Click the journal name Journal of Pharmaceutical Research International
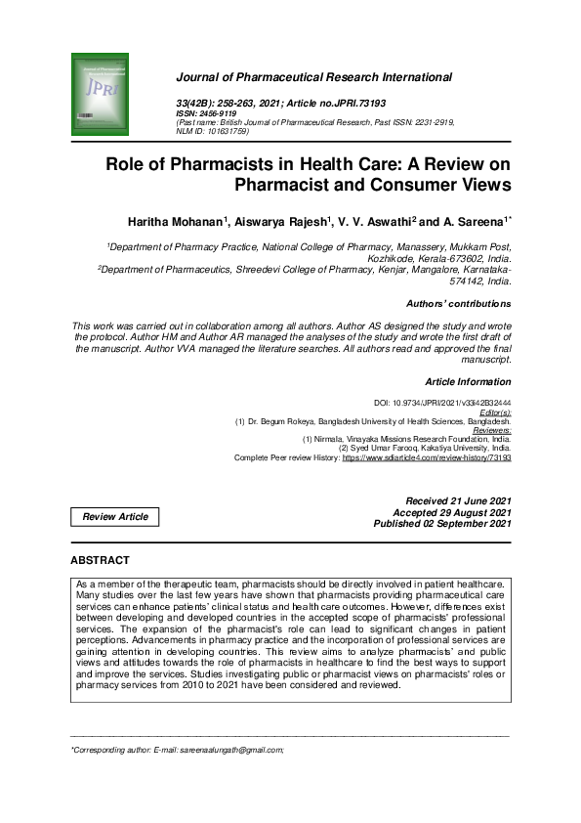coord(312,77)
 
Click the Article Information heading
coord(468,381)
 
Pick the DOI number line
coord(442,403)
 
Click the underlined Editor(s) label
coord(494,412)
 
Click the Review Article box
coord(115,516)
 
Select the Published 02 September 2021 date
coord(442,524)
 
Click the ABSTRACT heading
coord(100,560)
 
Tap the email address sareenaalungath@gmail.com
coord(228,750)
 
